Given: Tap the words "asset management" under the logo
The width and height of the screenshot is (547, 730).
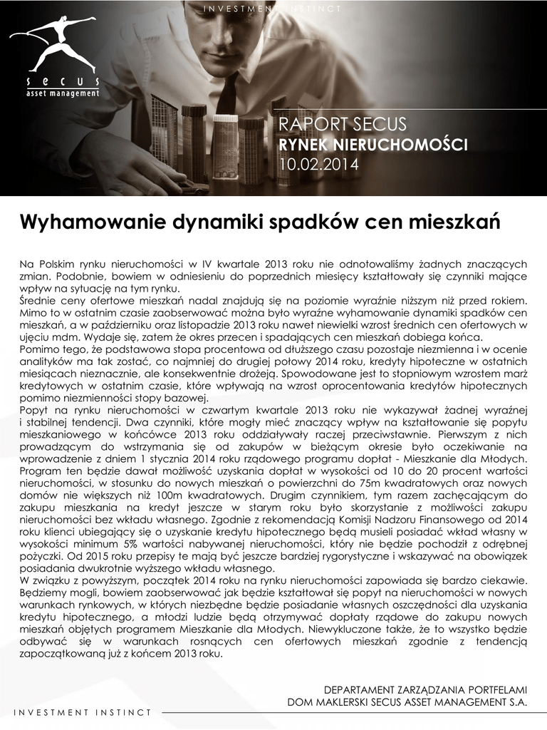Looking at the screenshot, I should [x=63, y=93].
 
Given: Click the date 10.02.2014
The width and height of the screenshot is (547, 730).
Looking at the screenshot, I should [x=318, y=165].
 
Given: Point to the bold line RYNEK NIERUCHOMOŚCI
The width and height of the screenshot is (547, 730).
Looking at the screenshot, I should [x=373, y=145].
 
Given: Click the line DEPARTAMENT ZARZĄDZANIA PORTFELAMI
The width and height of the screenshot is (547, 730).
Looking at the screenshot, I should [x=425, y=690].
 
